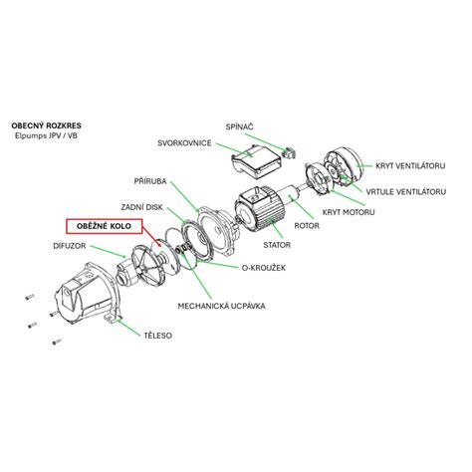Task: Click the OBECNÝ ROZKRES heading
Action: click(x=46, y=125)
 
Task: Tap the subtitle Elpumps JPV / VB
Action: click(x=46, y=135)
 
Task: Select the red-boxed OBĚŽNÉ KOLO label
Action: click(x=104, y=226)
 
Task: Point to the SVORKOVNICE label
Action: click(x=184, y=143)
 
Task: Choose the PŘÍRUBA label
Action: click(x=150, y=181)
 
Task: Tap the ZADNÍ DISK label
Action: click(x=141, y=207)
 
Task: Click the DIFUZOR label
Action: click(x=70, y=246)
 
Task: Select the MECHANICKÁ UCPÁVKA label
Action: click(x=221, y=306)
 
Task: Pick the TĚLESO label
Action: click(x=157, y=336)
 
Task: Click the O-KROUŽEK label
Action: click(x=264, y=268)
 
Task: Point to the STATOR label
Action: click(x=277, y=245)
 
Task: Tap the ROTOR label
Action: click(x=307, y=226)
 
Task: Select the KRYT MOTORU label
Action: click(x=349, y=212)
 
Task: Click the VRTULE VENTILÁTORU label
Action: click(x=406, y=192)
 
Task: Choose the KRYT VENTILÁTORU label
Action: click(x=410, y=165)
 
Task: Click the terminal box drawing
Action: click(x=256, y=160)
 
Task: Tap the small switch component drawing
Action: click(x=288, y=152)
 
